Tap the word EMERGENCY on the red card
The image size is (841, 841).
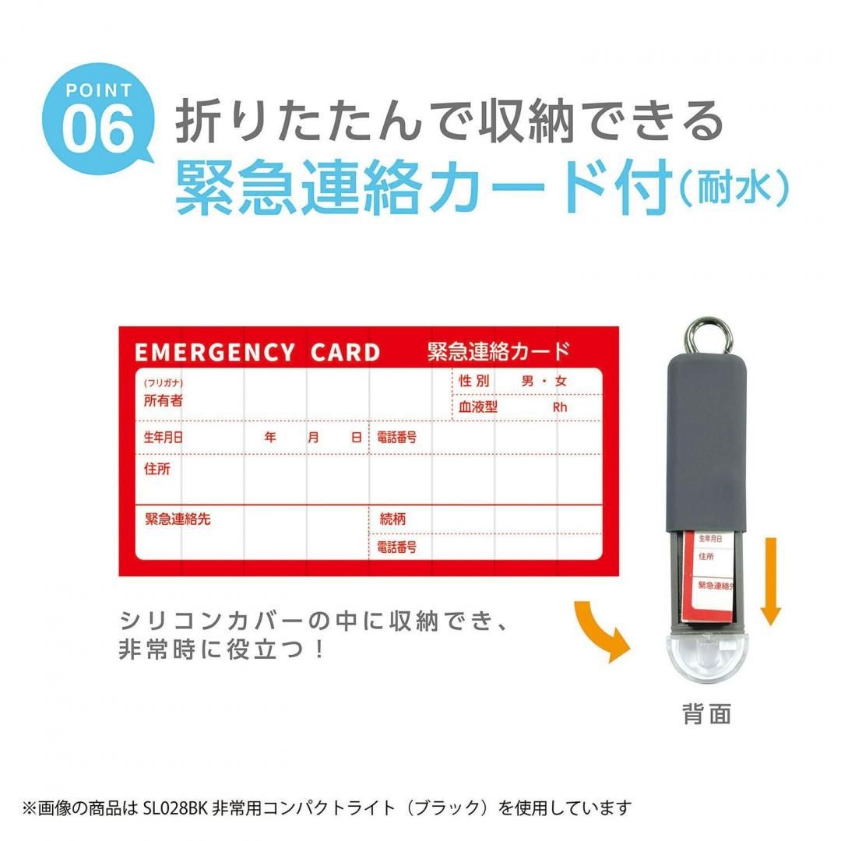pos(215,353)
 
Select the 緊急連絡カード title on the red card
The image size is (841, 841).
pos(498,351)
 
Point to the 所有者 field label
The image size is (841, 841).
pos(163,401)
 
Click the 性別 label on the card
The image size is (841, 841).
pos(474,382)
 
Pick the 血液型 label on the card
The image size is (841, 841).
pos(478,406)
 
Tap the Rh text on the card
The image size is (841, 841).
pos(560,407)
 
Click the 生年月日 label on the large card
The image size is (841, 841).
pos(163,438)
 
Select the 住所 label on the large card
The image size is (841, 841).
pos(157,470)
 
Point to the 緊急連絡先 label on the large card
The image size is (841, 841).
pos(178,519)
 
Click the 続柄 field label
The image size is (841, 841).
pos(392,519)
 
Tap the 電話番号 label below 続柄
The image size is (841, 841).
pos(397,547)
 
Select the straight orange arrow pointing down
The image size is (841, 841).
pos(770,579)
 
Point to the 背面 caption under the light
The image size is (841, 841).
pos(707,715)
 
